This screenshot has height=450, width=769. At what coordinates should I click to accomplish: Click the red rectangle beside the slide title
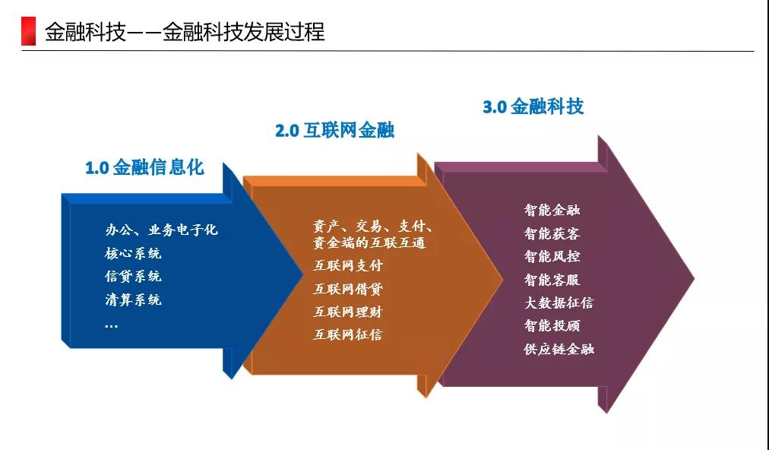coord(28,31)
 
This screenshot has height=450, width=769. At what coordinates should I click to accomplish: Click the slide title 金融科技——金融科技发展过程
coord(185,32)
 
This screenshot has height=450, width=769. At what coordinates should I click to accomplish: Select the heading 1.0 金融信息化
coord(144,167)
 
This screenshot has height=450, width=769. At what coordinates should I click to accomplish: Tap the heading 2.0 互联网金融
coord(334,130)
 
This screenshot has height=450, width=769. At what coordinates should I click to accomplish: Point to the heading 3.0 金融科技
coord(533,106)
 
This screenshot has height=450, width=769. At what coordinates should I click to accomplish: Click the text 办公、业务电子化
coord(161,230)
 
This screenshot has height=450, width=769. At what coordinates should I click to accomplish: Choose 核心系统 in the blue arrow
coord(133,253)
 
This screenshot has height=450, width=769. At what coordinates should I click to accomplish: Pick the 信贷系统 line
coord(133,276)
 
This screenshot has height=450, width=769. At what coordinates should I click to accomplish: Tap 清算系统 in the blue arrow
coord(133,299)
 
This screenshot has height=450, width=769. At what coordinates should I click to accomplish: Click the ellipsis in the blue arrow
coord(112,325)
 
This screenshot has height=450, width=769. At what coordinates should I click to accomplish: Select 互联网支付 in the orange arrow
coord(348,265)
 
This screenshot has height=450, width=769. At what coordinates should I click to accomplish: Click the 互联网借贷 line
coord(348,289)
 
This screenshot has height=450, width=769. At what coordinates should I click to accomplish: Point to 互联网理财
coord(348,312)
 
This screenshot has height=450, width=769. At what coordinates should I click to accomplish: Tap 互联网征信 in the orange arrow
coord(348,334)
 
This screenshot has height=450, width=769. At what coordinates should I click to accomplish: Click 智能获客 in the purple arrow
coord(552,233)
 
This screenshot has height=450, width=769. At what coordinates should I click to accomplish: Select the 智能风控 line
coord(552,256)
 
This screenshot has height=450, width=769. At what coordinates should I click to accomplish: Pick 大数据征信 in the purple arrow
coord(559,303)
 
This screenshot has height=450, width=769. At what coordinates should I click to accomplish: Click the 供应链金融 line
coord(559,349)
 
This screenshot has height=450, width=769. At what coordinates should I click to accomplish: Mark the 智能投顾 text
coord(552,325)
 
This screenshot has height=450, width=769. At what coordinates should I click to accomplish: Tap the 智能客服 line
coord(552,280)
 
